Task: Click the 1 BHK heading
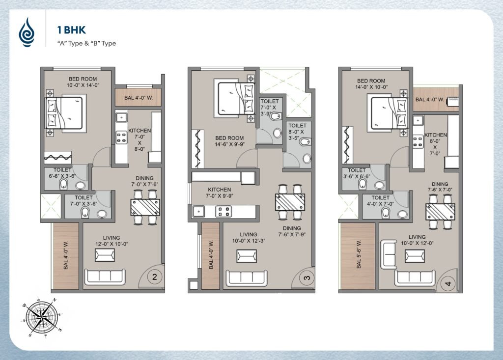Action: (72, 30)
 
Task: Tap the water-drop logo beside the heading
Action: (27, 32)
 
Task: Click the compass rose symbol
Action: (42, 317)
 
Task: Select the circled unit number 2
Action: (155, 277)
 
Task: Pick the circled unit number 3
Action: (307, 277)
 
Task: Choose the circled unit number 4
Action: (448, 283)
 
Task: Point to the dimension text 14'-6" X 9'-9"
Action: (230, 144)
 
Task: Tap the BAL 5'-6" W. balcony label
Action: (359, 254)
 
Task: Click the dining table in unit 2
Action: (145, 207)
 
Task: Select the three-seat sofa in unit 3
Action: (247, 278)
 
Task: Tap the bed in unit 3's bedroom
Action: (236, 99)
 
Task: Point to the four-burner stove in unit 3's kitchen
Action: (224, 212)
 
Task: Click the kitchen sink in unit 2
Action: (122, 117)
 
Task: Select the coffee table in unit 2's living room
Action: (105, 255)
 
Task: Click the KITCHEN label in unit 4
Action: (435, 135)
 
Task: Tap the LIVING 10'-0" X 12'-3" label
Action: (249, 237)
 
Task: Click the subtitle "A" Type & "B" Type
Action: (86, 43)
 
